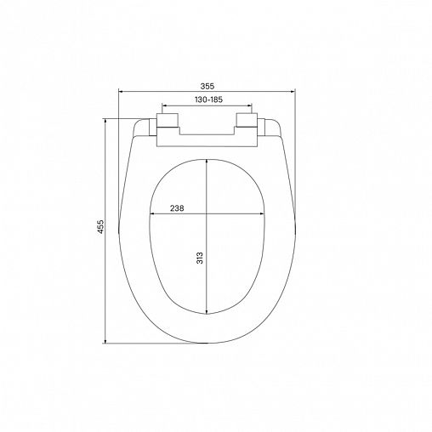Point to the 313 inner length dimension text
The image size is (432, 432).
199,259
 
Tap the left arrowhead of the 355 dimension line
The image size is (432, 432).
121,93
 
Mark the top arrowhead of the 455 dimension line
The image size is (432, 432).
105,121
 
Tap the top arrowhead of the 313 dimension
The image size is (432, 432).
207,159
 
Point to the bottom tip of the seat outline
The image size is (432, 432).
207,342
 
